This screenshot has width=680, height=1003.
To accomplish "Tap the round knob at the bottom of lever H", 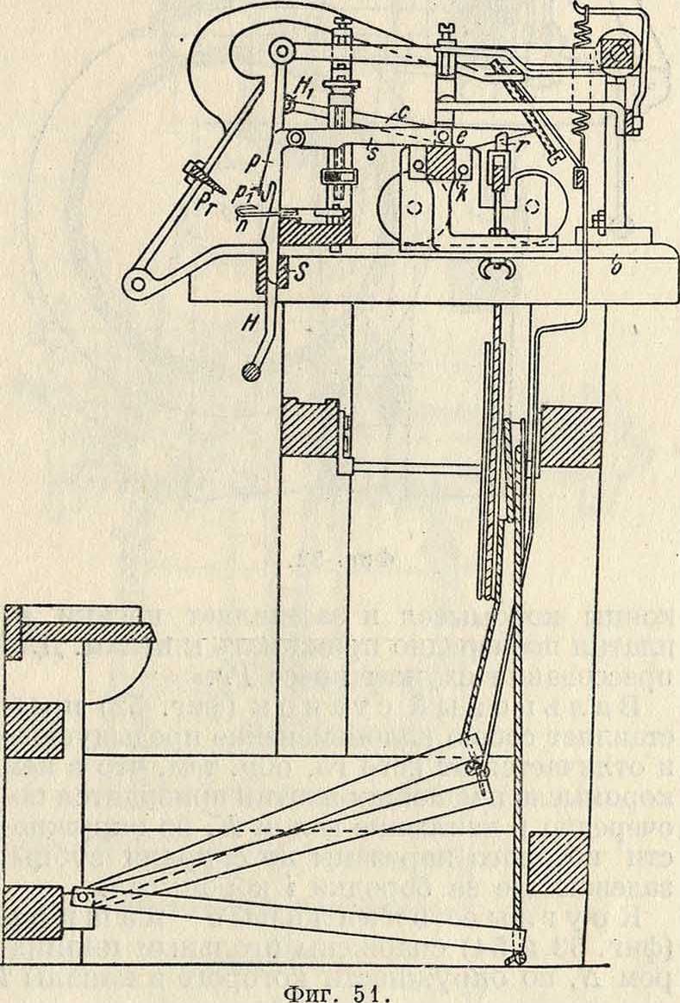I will (x=251, y=372).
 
